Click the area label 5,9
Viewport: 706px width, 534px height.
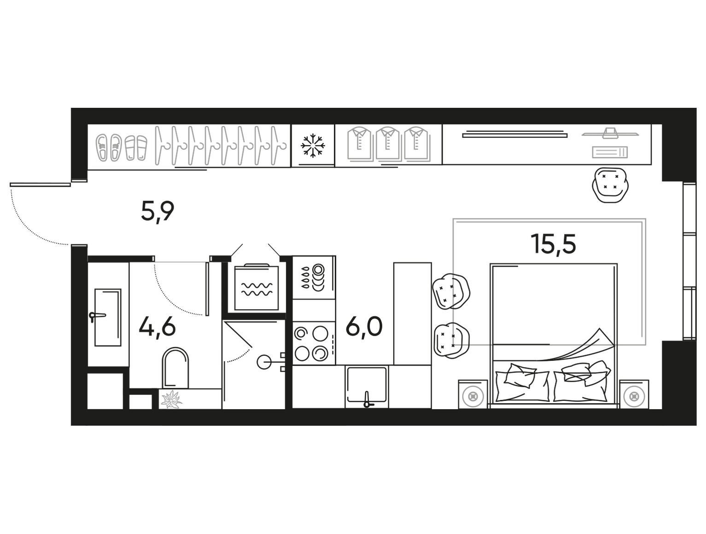point(158,212)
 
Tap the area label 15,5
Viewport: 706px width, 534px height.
point(554,244)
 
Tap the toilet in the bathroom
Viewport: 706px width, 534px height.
point(175,368)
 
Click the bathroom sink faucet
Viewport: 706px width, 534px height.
point(97,317)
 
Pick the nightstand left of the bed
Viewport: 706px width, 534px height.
point(473,394)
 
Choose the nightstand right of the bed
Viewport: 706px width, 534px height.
point(634,394)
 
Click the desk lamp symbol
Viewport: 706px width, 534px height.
point(610,133)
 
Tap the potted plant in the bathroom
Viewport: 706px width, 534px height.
point(171,399)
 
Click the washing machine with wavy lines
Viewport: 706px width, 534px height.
point(257,287)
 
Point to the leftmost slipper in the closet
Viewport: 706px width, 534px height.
point(102,147)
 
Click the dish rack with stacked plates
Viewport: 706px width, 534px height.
point(314,278)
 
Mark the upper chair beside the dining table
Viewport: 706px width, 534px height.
point(451,292)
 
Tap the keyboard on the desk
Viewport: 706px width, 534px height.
point(610,153)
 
